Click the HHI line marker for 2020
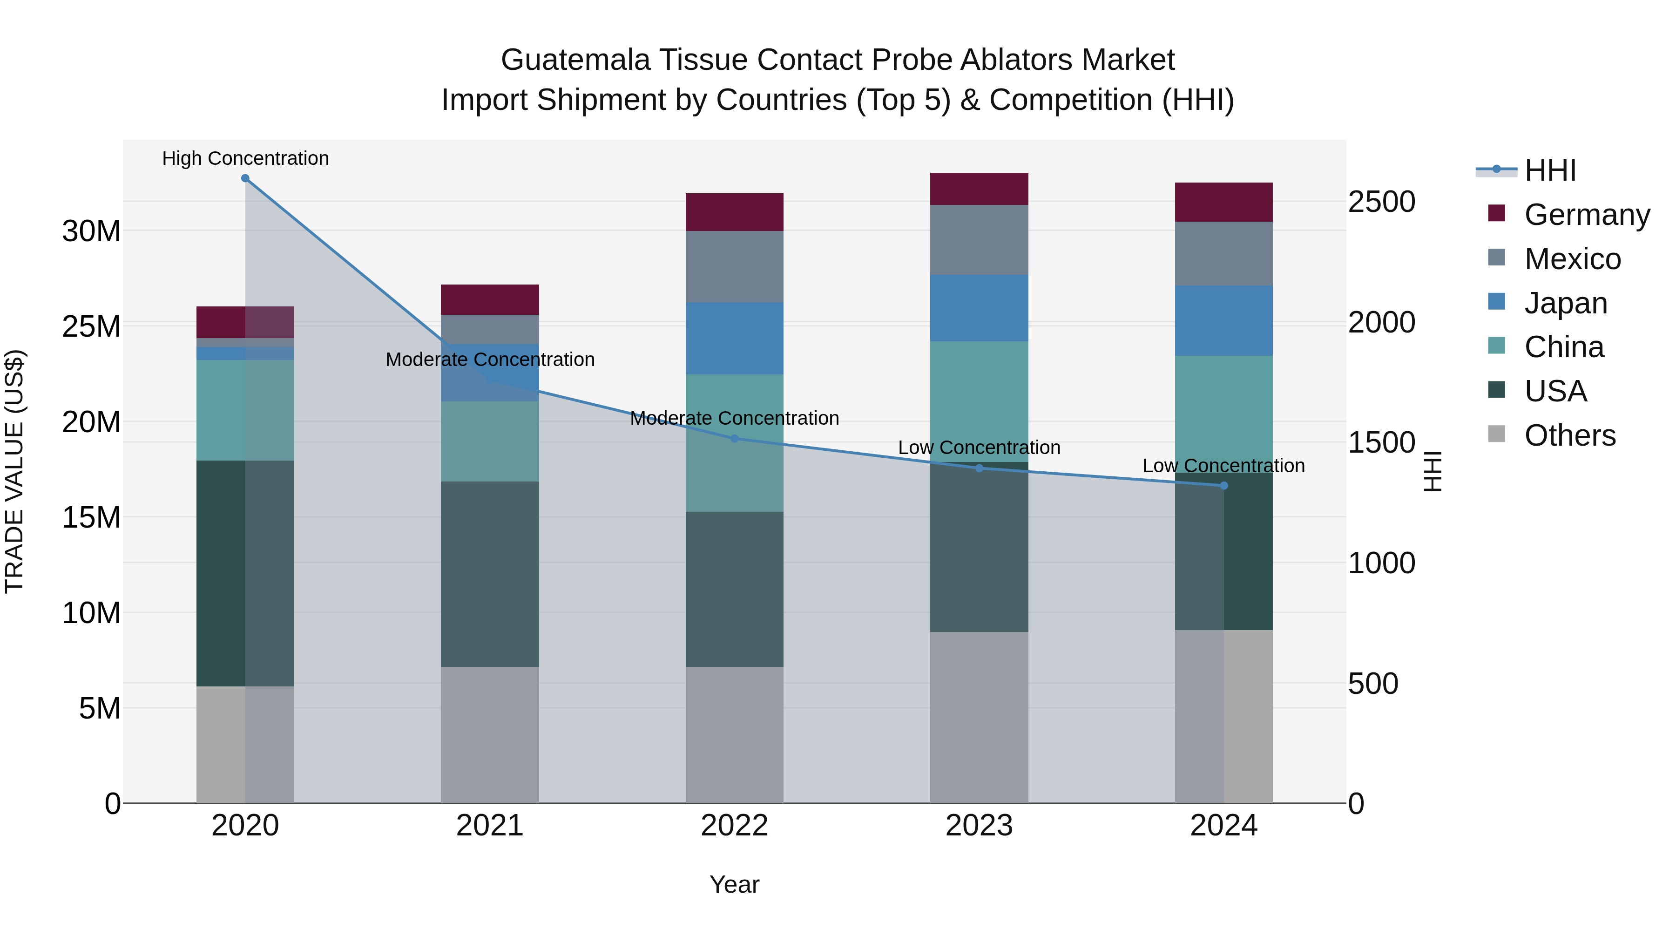(245, 178)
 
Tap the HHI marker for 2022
(735, 439)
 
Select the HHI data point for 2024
(1224, 486)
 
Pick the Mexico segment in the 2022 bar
(735, 267)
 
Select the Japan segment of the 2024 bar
(1224, 321)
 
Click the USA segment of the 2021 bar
(490, 574)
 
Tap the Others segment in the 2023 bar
(979, 717)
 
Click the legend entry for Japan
(1565, 303)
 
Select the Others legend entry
(1569, 435)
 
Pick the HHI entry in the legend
(1550, 170)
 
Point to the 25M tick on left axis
(91, 326)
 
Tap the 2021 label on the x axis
(490, 826)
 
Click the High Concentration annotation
(245, 158)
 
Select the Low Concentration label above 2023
(979, 448)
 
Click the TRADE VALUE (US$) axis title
(14, 471)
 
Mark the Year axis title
(735, 884)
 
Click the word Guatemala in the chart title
(575, 60)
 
